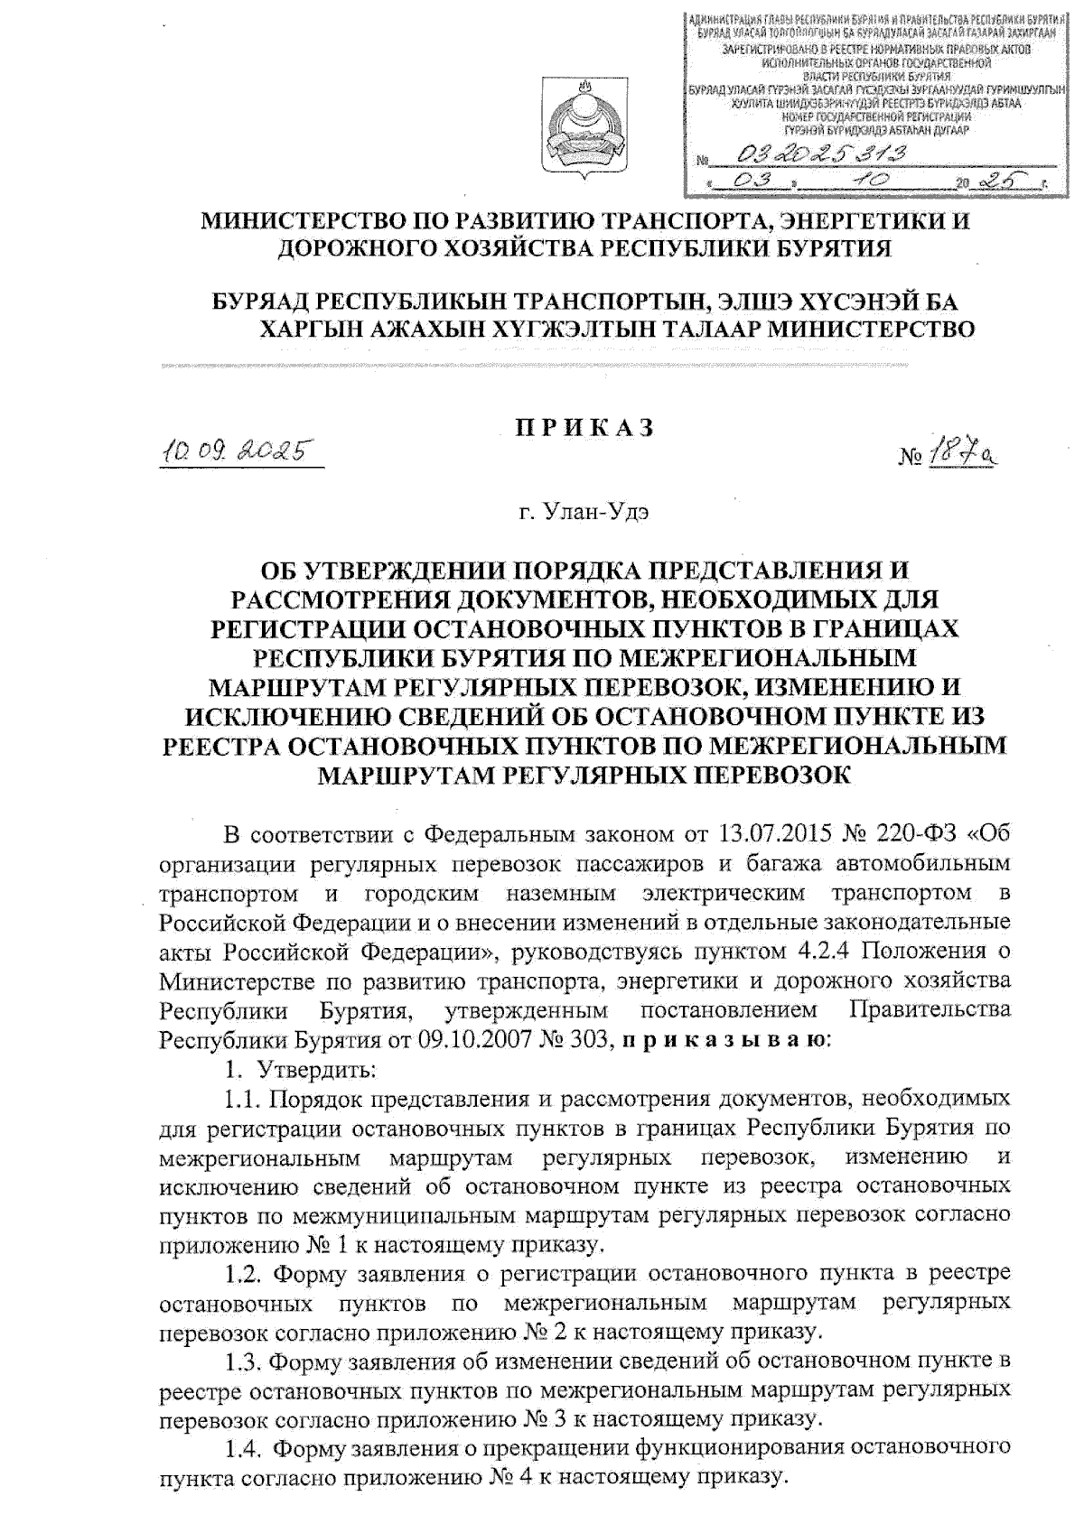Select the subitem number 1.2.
(x=243, y=1273)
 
